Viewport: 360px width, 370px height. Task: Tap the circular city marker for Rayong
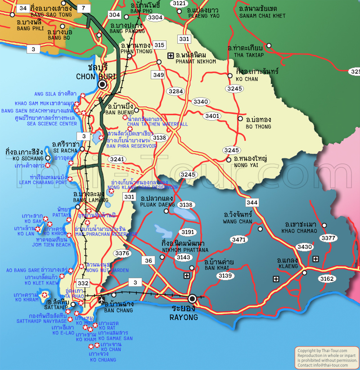(x=192, y=298)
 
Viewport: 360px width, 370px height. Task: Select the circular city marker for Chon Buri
(x=103, y=84)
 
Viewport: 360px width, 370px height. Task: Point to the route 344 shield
(x=252, y=203)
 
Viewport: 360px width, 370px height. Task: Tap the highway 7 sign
(x=83, y=8)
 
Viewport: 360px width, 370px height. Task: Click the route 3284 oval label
(x=176, y=91)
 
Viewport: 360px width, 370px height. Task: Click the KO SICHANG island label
(x=28, y=158)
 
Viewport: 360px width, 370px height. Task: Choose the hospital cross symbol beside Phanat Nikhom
(x=171, y=55)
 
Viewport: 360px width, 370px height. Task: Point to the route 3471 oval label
(x=239, y=239)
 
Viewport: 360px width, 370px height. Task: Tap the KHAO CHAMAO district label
(x=299, y=231)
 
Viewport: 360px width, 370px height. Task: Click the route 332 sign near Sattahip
(x=83, y=283)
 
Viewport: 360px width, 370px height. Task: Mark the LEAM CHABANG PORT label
(x=43, y=183)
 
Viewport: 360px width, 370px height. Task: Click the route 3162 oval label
(x=327, y=279)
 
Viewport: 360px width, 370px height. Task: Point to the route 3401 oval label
(x=212, y=116)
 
